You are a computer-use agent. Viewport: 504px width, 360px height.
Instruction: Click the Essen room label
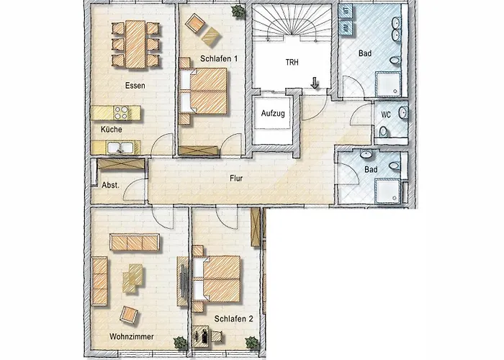(x=135, y=86)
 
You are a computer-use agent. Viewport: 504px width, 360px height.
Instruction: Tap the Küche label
(x=112, y=130)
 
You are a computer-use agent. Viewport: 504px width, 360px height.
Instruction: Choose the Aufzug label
(x=271, y=114)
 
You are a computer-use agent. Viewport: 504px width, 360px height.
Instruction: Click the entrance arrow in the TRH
(x=315, y=84)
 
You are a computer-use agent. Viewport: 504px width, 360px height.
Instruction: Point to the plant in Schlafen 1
(x=236, y=10)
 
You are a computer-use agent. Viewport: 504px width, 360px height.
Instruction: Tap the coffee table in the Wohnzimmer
(x=134, y=277)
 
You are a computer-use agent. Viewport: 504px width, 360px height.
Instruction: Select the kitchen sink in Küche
(x=118, y=148)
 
